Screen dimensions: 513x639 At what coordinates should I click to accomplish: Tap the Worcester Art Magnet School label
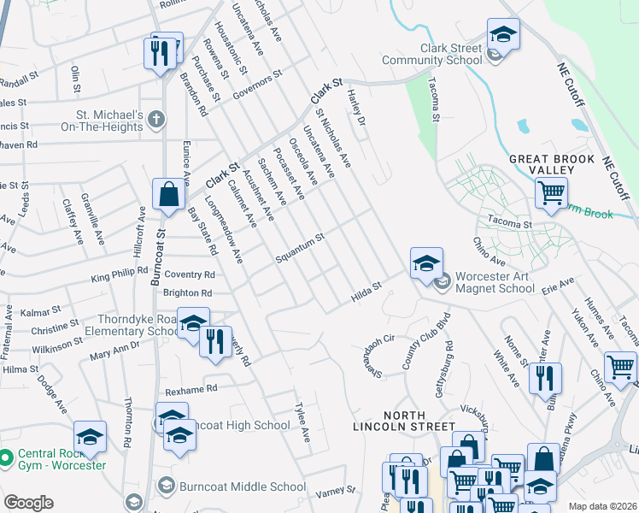click(x=507, y=282)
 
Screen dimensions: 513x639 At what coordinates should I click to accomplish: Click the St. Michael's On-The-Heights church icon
click(x=155, y=120)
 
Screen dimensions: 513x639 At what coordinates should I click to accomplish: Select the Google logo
click(x=28, y=503)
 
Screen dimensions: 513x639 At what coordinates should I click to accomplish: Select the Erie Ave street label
click(x=558, y=285)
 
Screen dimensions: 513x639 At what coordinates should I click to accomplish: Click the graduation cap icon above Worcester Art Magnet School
click(x=426, y=263)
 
